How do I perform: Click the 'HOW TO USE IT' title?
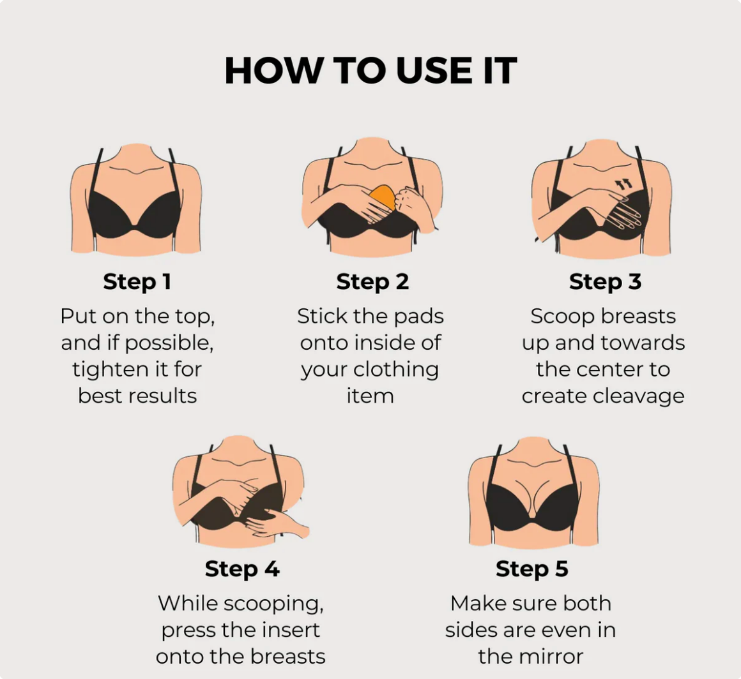(370, 71)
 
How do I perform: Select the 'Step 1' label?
(137, 282)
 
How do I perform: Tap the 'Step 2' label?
(372, 282)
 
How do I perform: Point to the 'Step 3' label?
(606, 282)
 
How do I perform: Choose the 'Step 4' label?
(242, 569)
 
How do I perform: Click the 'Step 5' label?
(531, 569)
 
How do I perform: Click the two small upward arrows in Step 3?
(623, 184)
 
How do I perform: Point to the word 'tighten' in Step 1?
(103, 369)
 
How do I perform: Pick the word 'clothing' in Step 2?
(396, 369)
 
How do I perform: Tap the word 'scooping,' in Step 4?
(273, 604)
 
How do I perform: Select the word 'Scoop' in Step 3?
(556, 317)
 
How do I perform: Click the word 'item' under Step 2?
(370, 396)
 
